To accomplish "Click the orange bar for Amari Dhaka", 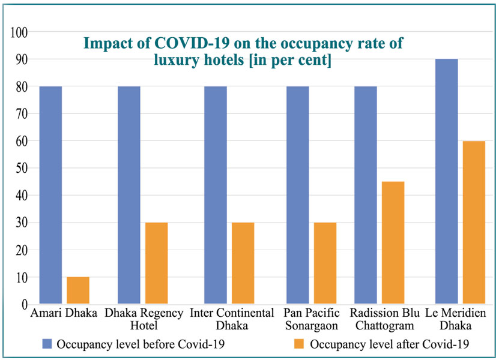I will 77,290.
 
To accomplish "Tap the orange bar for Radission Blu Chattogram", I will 393,243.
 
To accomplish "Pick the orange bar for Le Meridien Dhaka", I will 473,223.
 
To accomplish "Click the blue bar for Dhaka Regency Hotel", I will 129,195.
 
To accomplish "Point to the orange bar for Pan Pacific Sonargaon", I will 325,263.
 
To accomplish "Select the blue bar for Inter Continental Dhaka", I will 216,195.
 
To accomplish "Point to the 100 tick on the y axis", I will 19,32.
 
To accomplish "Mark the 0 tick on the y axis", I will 25,305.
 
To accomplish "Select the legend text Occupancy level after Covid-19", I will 390,344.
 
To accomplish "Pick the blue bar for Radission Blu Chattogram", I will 366,195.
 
